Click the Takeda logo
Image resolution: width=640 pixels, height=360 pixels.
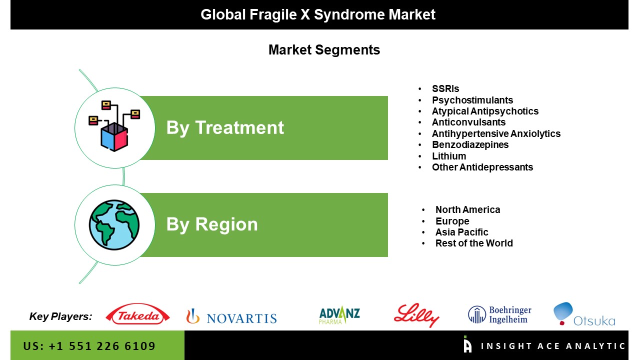[137, 314]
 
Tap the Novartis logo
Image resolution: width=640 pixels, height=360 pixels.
[231, 316]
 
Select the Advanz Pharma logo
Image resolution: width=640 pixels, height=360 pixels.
[339, 315]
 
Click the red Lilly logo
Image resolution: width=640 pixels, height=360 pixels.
[416, 315]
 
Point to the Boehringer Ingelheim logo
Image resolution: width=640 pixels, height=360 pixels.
[499, 314]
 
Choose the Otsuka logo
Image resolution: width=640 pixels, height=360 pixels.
[584, 314]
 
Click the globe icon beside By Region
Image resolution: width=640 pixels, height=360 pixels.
[114, 225]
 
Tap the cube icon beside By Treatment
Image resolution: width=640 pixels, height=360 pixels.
[114, 126]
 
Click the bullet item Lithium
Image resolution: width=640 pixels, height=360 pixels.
[449, 156]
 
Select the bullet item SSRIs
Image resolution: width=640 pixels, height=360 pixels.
[445, 88]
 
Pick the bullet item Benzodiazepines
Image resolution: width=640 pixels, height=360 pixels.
[470, 144]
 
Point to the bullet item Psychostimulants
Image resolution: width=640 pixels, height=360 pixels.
[472, 100]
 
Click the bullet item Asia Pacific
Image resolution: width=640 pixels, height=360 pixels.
[461, 232]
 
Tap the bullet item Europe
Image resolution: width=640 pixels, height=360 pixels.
[452, 221]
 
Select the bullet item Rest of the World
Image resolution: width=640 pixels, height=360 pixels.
[474, 243]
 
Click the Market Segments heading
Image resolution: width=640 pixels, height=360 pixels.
[324, 49]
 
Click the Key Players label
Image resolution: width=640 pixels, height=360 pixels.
[60, 316]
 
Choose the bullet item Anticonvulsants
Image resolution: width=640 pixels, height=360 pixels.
[468, 122]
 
